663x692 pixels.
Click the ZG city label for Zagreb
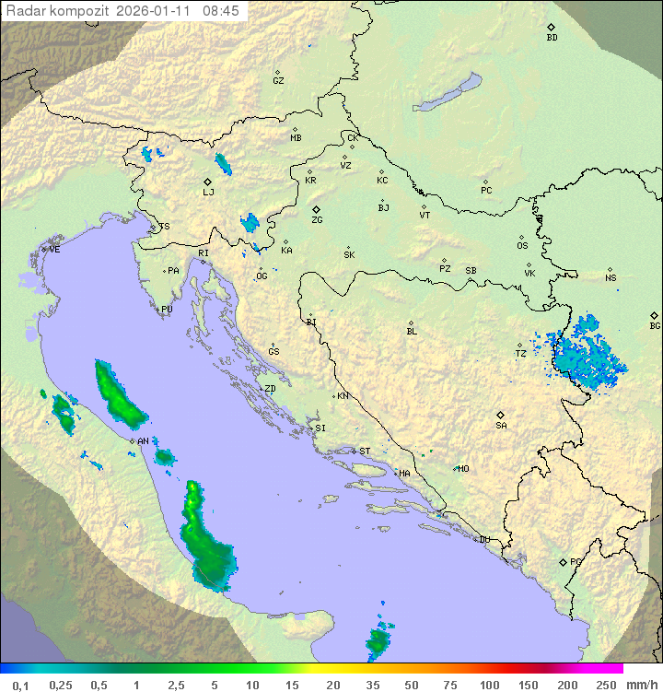click(x=317, y=220)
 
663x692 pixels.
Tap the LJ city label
click(x=208, y=193)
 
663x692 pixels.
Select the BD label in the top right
click(x=552, y=38)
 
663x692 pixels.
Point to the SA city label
click(x=501, y=426)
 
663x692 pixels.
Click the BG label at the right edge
click(x=655, y=325)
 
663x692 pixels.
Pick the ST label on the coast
click(x=365, y=451)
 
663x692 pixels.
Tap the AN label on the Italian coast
click(x=144, y=441)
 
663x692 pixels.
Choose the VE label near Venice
click(x=54, y=250)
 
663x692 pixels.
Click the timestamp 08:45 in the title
click(x=221, y=11)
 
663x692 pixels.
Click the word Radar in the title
click(x=26, y=11)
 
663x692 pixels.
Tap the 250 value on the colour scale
click(x=606, y=684)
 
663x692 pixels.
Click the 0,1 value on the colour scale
click(x=20, y=684)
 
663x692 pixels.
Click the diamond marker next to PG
click(x=564, y=561)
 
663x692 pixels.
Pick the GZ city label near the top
click(x=278, y=81)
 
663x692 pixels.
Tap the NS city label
click(x=611, y=278)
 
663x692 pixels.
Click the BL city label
click(x=412, y=331)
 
